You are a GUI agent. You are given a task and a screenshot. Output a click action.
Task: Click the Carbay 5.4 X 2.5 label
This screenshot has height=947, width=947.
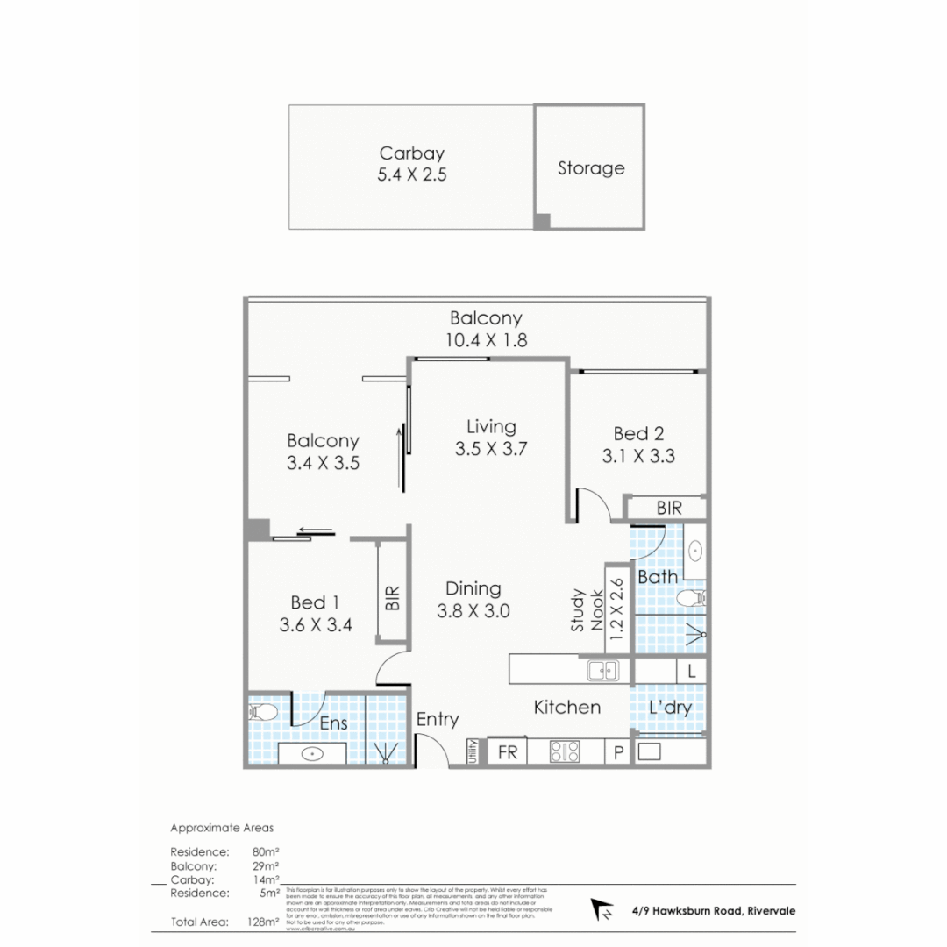[411, 164]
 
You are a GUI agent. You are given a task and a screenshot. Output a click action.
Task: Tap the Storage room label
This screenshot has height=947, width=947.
[591, 167]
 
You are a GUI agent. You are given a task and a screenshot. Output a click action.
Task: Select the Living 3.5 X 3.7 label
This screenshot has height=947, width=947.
[490, 438]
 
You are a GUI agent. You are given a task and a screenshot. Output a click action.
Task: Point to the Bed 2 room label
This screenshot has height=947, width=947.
[637, 445]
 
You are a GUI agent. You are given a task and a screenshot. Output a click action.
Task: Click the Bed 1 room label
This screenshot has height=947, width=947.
[315, 614]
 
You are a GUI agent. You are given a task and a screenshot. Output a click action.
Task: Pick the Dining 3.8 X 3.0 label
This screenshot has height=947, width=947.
[473, 600]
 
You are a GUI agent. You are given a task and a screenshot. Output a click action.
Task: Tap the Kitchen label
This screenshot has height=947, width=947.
[567, 707]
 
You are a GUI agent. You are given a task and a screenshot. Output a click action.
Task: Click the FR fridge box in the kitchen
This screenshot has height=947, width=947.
[507, 752]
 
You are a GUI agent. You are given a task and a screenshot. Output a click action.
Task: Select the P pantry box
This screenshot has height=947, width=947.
[617, 752]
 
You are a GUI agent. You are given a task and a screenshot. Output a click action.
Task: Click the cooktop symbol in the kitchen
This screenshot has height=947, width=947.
[564, 752]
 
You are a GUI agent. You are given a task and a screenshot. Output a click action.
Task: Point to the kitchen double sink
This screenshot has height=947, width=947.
[602, 671]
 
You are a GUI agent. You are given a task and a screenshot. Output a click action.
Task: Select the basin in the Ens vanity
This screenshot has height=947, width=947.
[311, 753]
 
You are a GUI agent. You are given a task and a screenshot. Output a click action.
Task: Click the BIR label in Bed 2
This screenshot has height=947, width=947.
[668, 508]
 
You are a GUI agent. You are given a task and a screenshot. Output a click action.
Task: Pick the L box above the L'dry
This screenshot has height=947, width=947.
[692, 672]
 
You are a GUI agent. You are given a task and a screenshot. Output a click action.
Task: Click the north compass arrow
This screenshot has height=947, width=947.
[602, 910]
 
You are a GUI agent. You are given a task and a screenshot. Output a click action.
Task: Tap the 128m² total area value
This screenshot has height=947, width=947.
[264, 922]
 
